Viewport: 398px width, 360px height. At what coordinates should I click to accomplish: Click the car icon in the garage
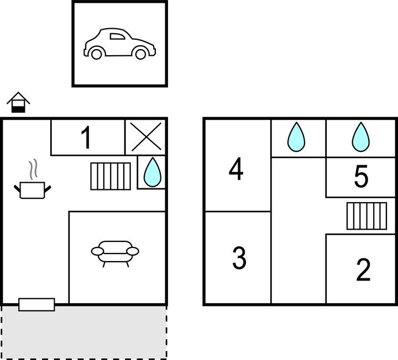tap(119, 44)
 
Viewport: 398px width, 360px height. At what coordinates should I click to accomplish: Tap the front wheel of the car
tap(140, 54)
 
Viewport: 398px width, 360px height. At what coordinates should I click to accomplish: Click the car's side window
tap(117, 36)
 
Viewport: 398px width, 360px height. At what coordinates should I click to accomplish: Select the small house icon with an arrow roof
tap(18, 102)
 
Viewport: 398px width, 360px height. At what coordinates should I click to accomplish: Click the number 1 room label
tap(86, 137)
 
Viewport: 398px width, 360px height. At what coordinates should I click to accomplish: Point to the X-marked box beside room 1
tap(146, 137)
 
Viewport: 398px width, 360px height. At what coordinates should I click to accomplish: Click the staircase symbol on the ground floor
tap(111, 176)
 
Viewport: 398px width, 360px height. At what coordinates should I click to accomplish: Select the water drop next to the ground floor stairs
tap(153, 172)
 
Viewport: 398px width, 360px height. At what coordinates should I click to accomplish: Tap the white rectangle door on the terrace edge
tap(36, 304)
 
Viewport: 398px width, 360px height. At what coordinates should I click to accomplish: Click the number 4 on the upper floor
tap(236, 169)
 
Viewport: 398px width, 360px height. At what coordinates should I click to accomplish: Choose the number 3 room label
tap(239, 258)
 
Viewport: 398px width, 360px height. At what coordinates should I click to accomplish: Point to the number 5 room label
tap(361, 176)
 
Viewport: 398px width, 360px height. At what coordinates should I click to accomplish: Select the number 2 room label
tap(363, 270)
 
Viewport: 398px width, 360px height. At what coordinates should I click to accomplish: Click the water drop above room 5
tap(360, 137)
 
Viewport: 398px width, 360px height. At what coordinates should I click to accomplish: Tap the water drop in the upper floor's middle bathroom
tap(296, 137)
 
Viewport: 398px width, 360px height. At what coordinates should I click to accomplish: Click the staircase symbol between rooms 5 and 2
tap(367, 216)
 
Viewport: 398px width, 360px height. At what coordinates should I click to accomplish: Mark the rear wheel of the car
tap(96, 54)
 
